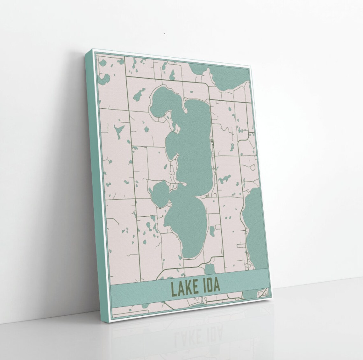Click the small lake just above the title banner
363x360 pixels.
(209, 270)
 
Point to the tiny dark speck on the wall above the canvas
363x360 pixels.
(165, 33)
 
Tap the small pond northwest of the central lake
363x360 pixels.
(138, 95)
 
